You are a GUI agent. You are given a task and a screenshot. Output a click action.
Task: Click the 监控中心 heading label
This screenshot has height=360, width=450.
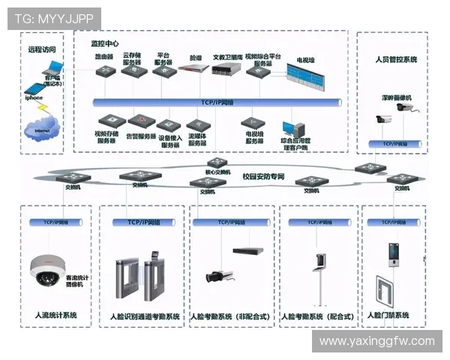coord(105,43)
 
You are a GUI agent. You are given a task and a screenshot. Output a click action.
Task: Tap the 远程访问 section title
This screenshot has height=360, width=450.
coord(42,49)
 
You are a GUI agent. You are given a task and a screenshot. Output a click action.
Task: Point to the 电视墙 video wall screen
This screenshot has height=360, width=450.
coord(310,76)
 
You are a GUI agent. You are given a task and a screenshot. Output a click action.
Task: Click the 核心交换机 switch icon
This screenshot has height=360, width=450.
coord(217,163)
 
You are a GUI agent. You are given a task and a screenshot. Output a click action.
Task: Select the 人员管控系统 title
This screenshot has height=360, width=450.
coord(395,59)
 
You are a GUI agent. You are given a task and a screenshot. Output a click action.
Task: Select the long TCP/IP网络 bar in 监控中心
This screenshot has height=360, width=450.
coord(217,102)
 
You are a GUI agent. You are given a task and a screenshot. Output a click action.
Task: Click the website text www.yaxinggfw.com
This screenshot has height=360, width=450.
coord(376,341)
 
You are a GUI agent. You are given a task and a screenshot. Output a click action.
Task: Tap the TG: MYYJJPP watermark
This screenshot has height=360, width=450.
coord(53,17)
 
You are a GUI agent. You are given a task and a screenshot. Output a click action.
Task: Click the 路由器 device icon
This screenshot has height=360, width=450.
coord(104,71)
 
